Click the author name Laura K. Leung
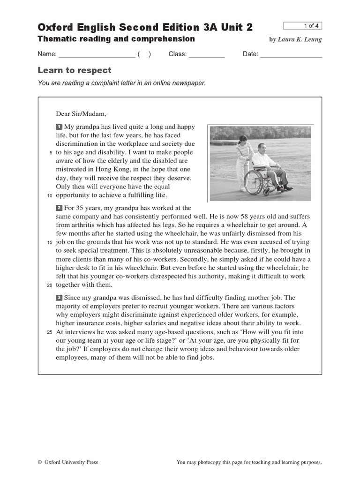coord(300,39)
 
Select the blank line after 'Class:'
coord(207,54)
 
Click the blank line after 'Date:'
coord(291,54)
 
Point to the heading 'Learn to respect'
coord(75,70)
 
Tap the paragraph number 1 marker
coord(59,127)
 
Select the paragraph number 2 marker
coord(59,208)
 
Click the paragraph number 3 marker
coord(59,298)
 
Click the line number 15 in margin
coord(50,243)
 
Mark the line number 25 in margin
coord(50,332)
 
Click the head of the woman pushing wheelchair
coord(243,139)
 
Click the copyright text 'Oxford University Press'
coord(71,462)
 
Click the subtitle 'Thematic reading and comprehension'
coord(116,39)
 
